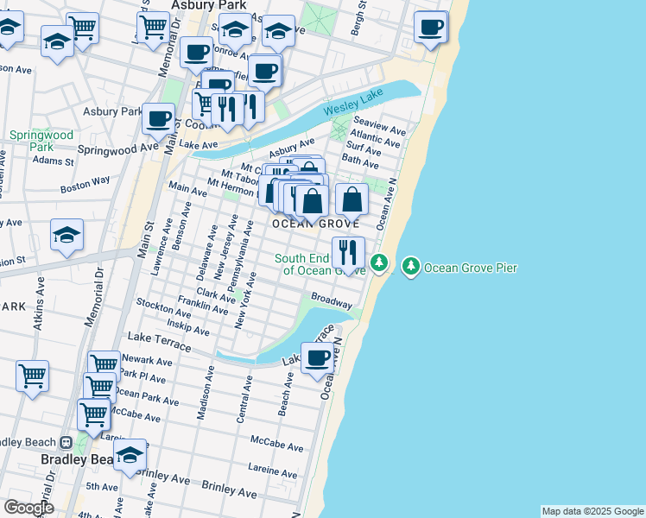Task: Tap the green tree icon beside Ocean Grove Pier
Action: [410, 268]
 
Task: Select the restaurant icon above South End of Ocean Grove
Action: [348, 253]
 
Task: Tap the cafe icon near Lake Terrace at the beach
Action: [317, 358]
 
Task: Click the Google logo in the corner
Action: [28, 507]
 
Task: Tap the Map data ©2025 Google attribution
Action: [592, 511]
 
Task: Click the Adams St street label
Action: [54, 161]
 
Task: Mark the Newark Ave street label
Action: [146, 360]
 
